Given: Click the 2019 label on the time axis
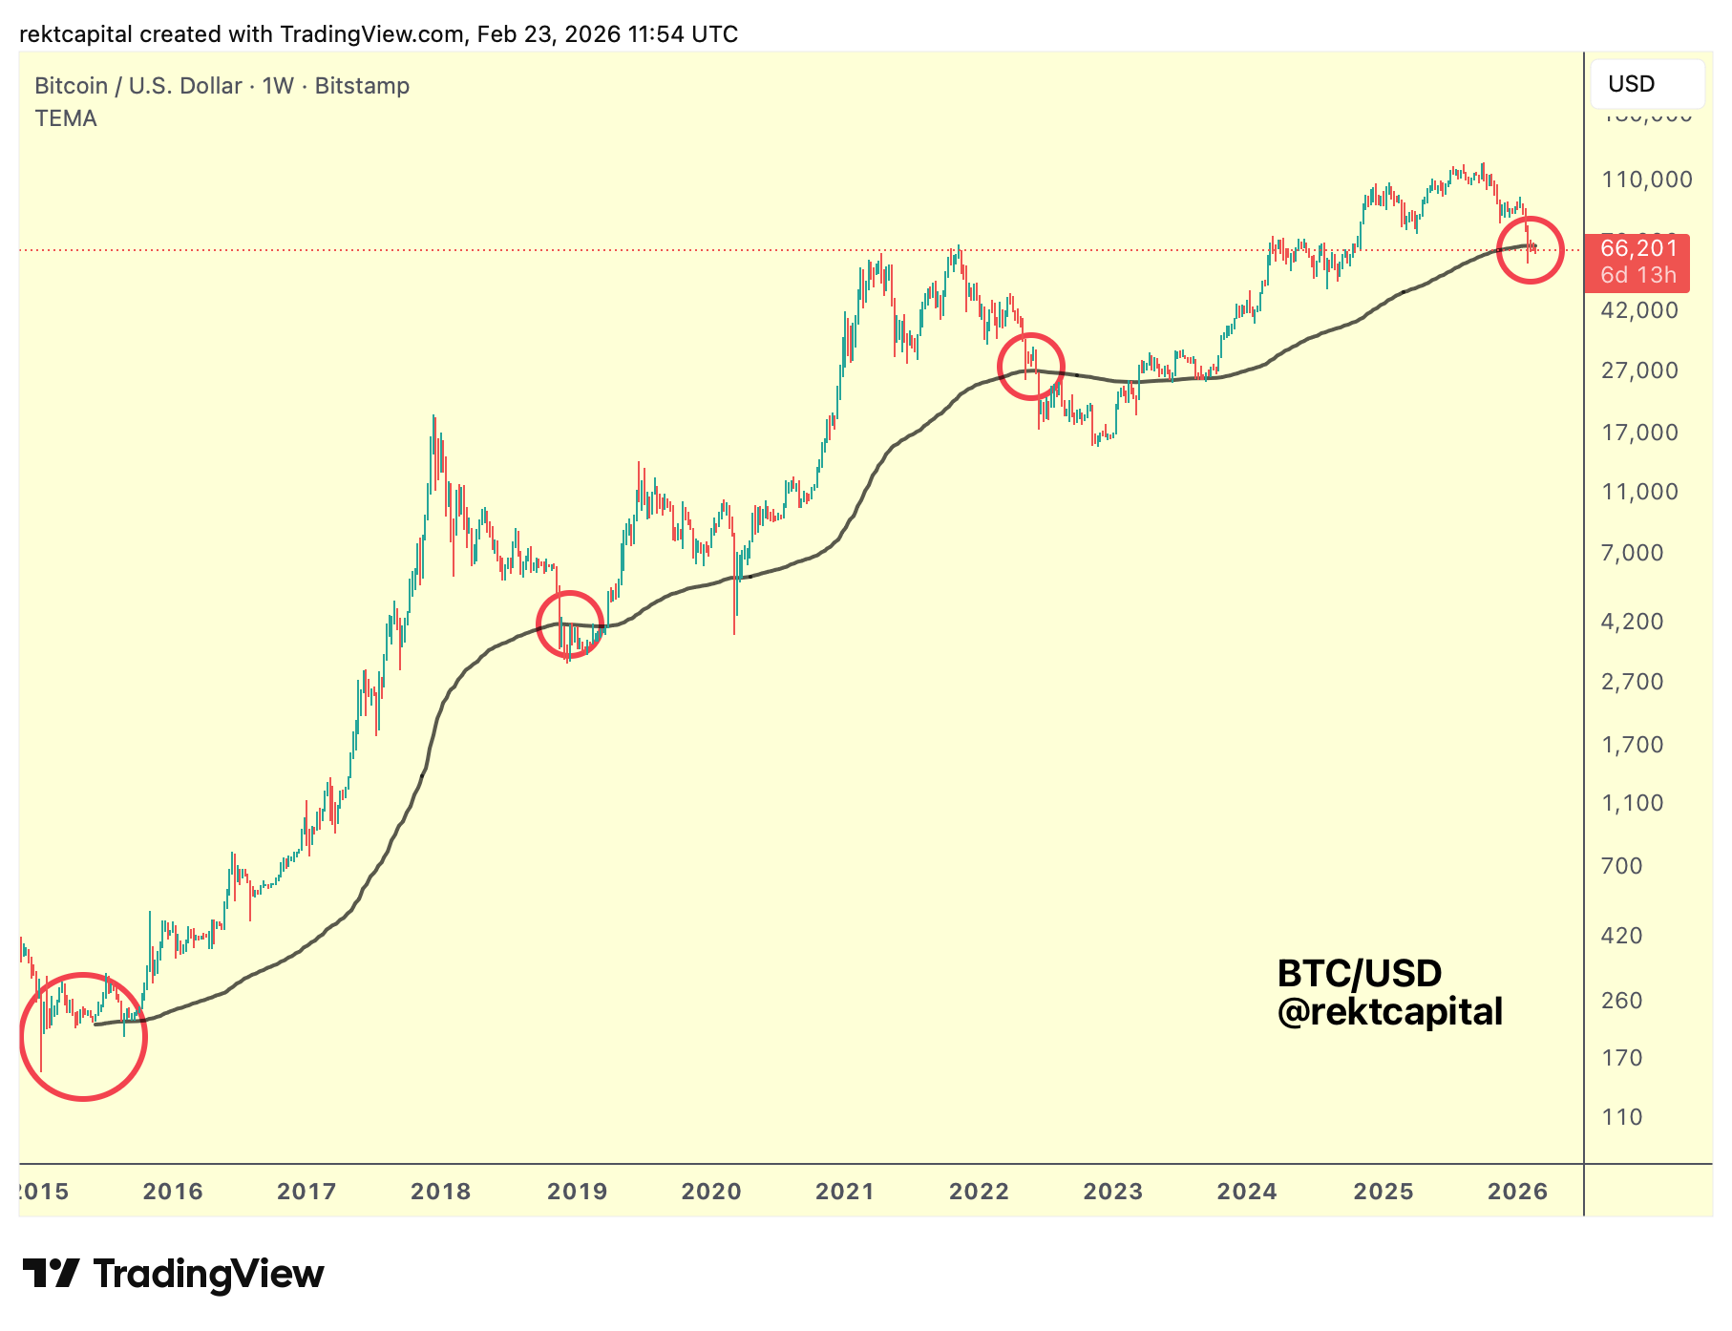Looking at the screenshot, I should (577, 1191).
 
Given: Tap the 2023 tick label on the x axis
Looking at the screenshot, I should (1112, 1191).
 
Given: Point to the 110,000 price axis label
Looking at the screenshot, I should (1646, 180).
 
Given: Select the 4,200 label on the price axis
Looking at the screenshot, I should (1632, 622).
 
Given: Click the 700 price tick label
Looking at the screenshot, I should (1621, 866).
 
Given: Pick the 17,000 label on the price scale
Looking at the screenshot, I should (1639, 433).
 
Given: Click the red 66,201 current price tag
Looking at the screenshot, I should (1638, 249).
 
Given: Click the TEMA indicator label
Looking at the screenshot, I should (66, 118).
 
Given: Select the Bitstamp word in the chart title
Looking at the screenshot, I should (362, 86).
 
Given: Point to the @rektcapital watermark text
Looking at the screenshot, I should (1389, 1012).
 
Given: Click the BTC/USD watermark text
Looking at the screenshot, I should (1359, 974).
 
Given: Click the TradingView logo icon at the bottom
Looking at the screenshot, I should (51, 1274).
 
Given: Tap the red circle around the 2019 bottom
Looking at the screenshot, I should (570, 624).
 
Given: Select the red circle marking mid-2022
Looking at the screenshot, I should (1030, 367).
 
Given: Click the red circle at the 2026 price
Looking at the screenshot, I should (1530, 250).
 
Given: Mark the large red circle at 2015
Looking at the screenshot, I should (83, 1036).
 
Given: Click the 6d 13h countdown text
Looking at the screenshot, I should (1637, 275).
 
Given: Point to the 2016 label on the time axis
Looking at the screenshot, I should (173, 1191).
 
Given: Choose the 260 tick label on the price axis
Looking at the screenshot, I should (1621, 1001).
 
